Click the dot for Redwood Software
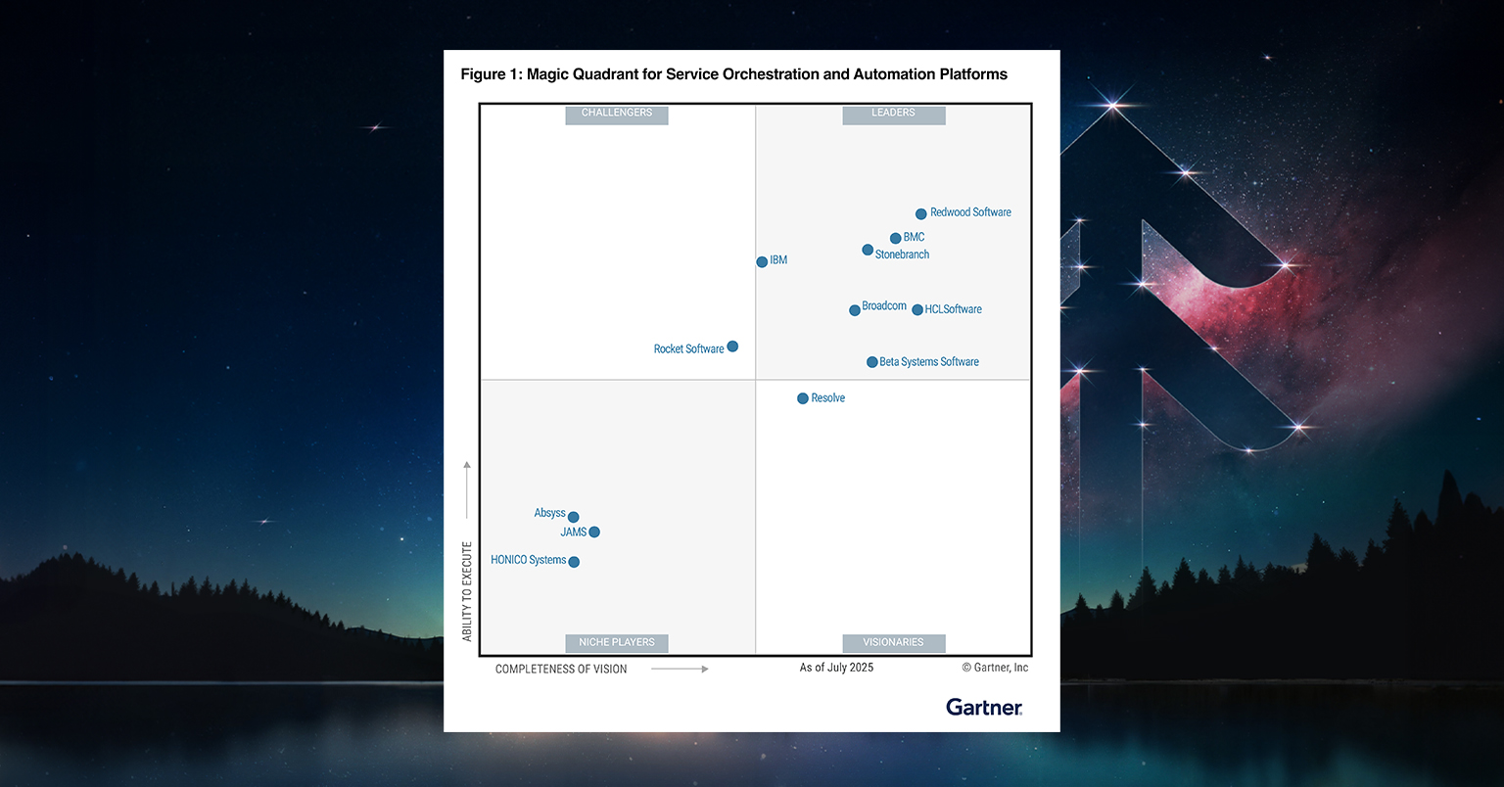coord(920,213)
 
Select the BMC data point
coord(895,238)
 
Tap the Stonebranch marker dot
coord(868,250)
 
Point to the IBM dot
coord(762,261)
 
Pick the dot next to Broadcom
coord(855,310)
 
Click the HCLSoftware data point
coord(917,310)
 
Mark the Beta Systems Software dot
coord(872,362)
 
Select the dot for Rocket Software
coord(732,347)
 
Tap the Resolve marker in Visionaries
coord(803,398)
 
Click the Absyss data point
coord(574,517)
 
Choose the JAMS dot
coord(594,532)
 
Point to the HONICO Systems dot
coord(574,562)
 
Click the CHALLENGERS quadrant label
coord(617,114)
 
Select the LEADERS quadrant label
coord(894,114)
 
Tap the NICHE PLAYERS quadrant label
coord(617,643)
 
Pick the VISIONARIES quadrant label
coord(894,643)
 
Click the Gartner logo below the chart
coord(984,707)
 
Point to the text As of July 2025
coord(836,668)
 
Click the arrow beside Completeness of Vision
coord(680,669)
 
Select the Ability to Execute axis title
coord(467,591)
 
